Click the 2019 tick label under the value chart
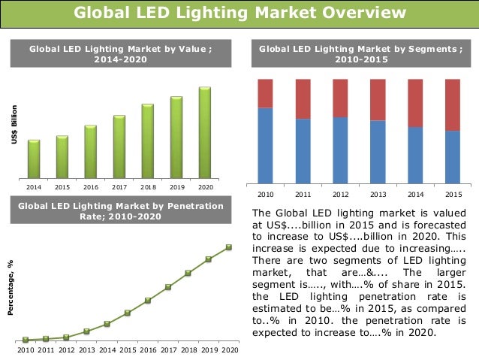(x=176, y=186)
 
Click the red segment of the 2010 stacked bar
(x=265, y=93)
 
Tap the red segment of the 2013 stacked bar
(x=378, y=99)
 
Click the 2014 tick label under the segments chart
(x=415, y=193)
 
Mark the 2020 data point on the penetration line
(x=228, y=247)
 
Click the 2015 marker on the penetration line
(x=128, y=313)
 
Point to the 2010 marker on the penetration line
(x=26, y=340)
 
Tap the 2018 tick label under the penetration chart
(x=188, y=349)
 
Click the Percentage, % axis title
(x=11, y=289)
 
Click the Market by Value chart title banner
(x=120, y=54)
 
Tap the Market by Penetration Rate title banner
(x=120, y=210)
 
